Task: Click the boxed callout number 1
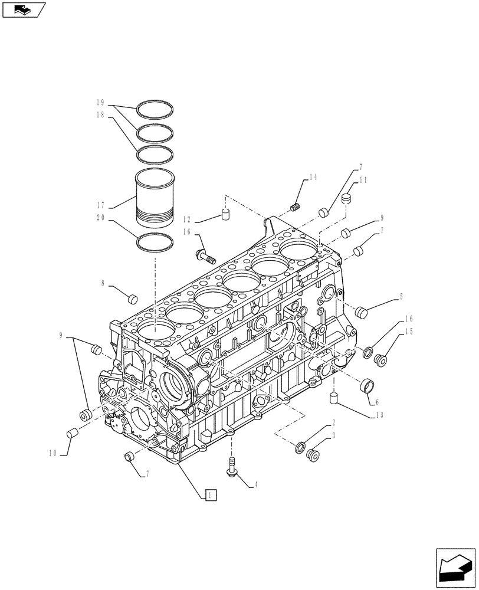[211, 495]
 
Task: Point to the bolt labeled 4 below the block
[231, 466]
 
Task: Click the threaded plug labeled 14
[297, 206]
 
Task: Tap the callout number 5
[401, 297]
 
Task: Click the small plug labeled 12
[225, 214]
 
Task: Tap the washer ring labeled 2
[301, 447]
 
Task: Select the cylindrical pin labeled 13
[333, 398]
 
